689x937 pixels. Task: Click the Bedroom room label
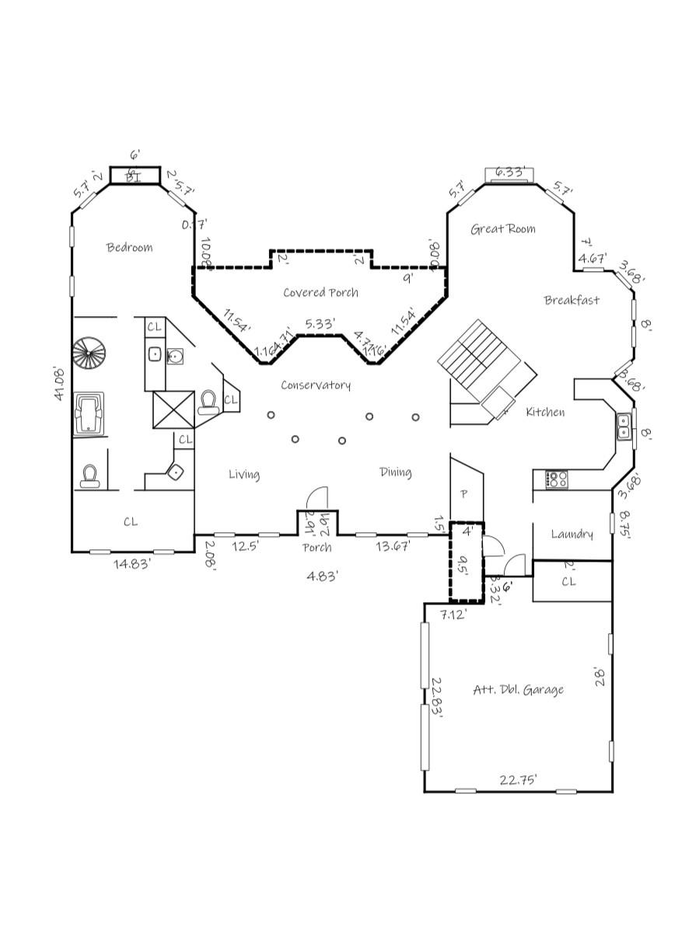click(129, 248)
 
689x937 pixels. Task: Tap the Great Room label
click(502, 229)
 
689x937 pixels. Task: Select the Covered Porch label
click(320, 293)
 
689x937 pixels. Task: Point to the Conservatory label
click(316, 385)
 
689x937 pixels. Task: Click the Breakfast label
click(572, 301)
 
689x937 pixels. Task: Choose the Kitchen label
click(545, 413)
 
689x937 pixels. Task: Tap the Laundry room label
click(572, 534)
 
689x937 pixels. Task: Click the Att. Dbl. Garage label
click(518, 690)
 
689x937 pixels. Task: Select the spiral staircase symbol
click(87, 354)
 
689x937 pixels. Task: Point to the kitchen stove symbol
click(556, 479)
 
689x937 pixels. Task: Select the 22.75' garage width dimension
click(518, 780)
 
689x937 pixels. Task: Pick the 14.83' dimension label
click(132, 564)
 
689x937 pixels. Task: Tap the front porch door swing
click(319, 498)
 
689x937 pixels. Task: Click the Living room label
click(243, 475)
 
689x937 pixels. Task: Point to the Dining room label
click(395, 472)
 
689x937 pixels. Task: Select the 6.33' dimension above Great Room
click(509, 172)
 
